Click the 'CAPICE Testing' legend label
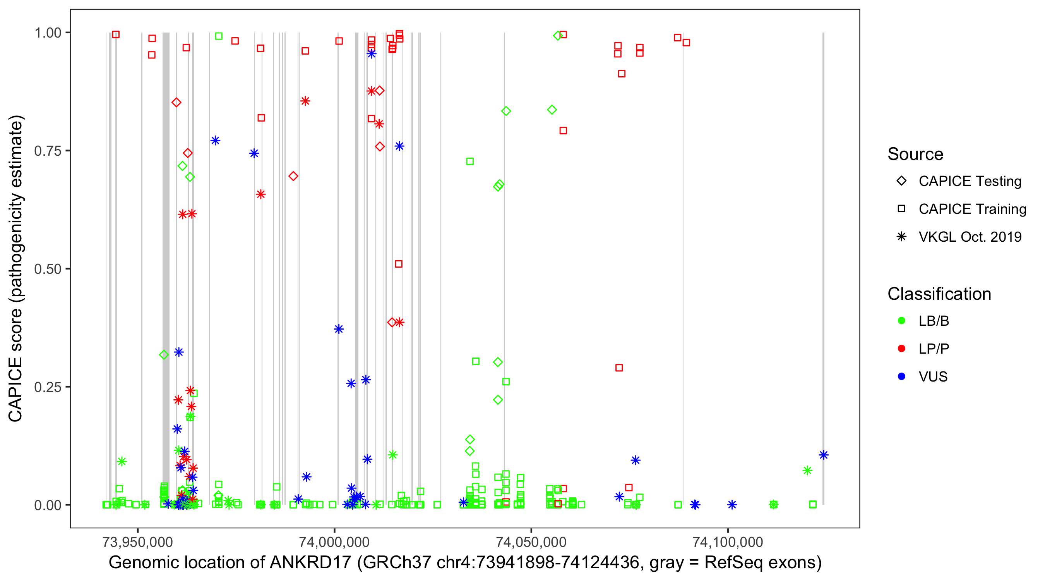[x=970, y=181]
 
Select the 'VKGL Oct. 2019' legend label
[x=970, y=237]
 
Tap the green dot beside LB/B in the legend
[x=901, y=321]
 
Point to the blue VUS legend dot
[x=901, y=376]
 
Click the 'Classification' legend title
[x=939, y=294]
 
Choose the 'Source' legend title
[x=915, y=154]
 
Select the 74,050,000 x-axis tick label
[x=531, y=541]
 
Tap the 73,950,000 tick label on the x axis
[x=137, y=541]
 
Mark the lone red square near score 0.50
[x=399, y=264]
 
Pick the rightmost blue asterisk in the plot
[x=824, y=455]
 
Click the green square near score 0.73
[x=470, y=162]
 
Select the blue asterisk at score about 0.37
[x=339, y=329]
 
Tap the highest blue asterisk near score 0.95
[x=372, y=54]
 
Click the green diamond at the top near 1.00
[x=558, y=36]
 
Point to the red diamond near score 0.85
[x=176, y=102]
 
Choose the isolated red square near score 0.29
[x=619, y=368]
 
